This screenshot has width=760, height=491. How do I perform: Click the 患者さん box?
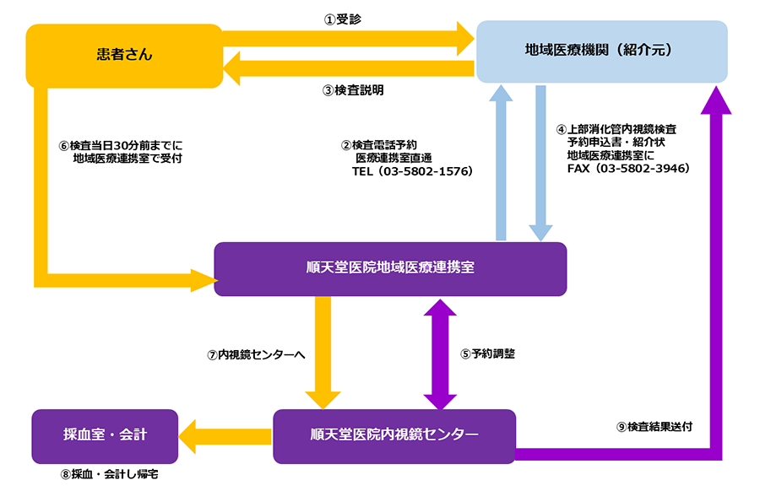click(x=124, y=56)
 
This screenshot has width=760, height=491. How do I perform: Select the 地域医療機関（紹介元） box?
click(x=602, y=51)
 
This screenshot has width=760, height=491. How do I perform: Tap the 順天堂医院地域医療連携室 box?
click(x=390, y=269)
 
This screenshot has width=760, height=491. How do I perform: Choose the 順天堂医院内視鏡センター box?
click(x=394, y=436)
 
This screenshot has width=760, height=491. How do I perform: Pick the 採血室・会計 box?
click(x=105, y=436)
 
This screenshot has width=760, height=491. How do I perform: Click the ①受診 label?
click(x=343, y=19)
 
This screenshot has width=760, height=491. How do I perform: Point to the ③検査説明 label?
click(x=353, y=90)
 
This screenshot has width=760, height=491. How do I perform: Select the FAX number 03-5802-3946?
click(x=643, y=169)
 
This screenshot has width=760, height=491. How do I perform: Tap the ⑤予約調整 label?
click(x=487, y=354)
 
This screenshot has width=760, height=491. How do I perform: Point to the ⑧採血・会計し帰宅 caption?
click(x=110, y=474)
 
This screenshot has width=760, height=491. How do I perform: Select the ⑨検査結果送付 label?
click(x=654, y=427)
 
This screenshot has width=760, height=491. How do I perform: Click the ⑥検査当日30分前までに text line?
click(x=121, y=145)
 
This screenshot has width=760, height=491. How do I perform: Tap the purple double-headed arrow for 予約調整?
click(x=440, y=354)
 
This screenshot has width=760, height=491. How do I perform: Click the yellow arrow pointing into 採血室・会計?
click(x=225, y=436)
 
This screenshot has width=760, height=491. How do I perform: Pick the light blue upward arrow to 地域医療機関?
click(x=501, y=163)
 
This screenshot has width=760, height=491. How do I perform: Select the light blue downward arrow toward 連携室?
click(x=540, y=163)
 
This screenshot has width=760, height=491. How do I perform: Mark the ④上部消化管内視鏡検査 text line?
click(x=616, y=129)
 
